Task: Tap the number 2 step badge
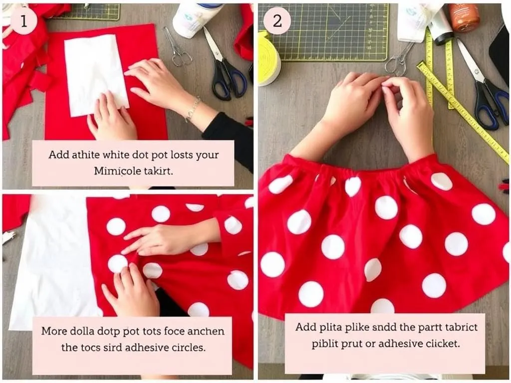pyautogui.click(x=277, y=21)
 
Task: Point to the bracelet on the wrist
pyautogui.click(x=193, y=109)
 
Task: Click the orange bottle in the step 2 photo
pyautogui.click(x=464, y=17)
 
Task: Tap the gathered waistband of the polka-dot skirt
pyautogui.click(x=349, y=170)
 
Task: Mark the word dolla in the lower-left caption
pyautogui.click(x=83, y=331)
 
